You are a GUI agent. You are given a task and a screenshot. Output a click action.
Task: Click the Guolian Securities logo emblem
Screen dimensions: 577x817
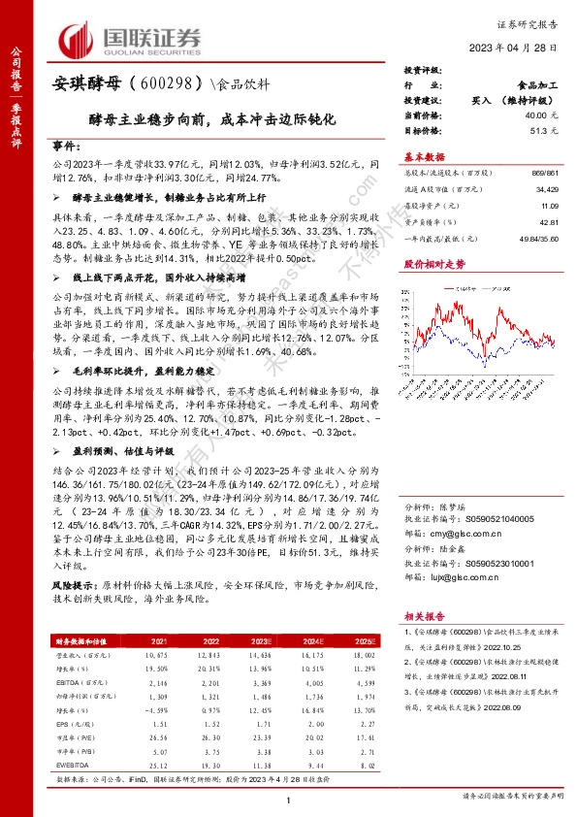tap(80, 39)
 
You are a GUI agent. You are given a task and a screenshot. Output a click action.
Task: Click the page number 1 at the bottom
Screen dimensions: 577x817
tap(288, 798)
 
